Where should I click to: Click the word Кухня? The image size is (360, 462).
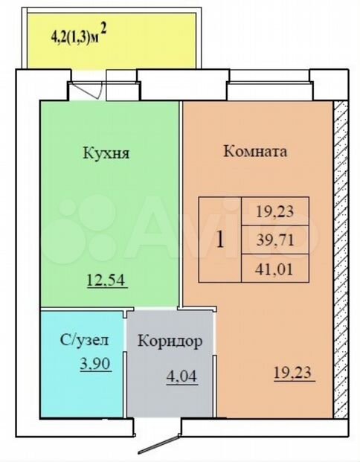pyautogui.click(x=106, y=153)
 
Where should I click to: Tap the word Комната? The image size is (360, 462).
pyautogui.click(x=255, y=152)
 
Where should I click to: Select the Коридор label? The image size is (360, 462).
pyautogui.click(x=170, y=341)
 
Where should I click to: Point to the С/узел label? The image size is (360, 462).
pyautogui.click(x=85, y=340)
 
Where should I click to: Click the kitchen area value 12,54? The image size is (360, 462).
pyautogui.click(x=107, y=280)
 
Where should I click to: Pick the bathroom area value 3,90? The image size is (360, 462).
pyautogui.click(x=95, y=364)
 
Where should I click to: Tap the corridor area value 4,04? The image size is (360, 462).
pyautogui.click(x=181, y=376)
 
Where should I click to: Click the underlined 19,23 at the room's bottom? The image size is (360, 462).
pyautogui.click(x=292, y=373)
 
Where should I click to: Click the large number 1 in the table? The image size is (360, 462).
pyautogui.click(x=220, y=240)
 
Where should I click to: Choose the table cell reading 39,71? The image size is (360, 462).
pyautogui.click(x=275, y=240)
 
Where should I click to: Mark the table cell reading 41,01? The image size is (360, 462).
pyautogui.click(x=275, y=268)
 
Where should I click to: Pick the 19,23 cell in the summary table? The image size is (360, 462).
pyautogui.click(x=275, y=211)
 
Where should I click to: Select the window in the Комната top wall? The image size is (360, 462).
pyautogui.click(x=269, y=86)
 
